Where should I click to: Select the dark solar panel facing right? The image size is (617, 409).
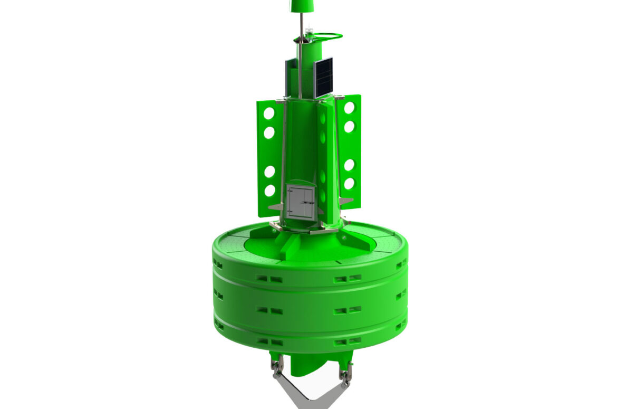click(323, 77)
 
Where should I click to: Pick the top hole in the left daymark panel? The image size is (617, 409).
click(269, 113)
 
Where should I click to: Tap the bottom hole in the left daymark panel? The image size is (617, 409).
click(269, 191)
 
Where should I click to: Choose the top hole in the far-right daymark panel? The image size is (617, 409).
click(349, 108)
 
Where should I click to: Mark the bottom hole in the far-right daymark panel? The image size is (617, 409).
click(349, 184)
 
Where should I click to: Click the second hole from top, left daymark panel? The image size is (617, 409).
click(269, 132)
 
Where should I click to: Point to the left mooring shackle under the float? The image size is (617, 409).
click(276, 366)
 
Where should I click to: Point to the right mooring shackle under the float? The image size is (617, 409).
click(346, 372)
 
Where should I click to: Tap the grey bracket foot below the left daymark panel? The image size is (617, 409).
click(275, 207)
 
